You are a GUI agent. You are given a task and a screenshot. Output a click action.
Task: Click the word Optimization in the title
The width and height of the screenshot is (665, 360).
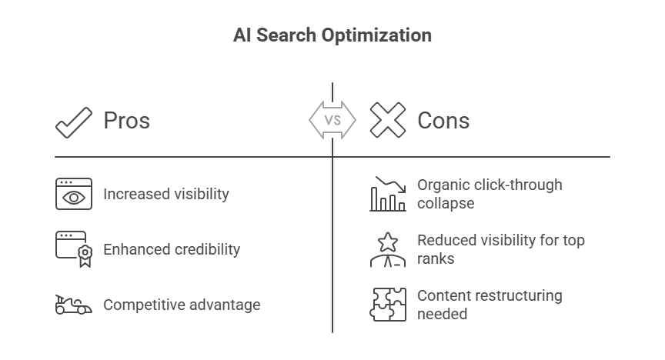pos(376,35)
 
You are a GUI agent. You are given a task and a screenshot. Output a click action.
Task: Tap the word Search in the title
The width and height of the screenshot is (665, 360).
pos(286,35)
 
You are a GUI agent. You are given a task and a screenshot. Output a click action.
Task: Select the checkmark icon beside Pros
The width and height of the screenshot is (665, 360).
pos(74,122)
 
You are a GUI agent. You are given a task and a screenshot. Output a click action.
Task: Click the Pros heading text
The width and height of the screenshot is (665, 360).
pos(127,121)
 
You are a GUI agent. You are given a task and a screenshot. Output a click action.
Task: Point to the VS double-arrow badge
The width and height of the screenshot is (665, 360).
pos(332,120)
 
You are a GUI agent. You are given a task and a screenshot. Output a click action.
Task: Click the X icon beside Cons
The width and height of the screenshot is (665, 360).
pos(388,120)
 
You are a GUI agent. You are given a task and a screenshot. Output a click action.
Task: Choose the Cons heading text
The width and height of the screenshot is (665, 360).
pos(443,121)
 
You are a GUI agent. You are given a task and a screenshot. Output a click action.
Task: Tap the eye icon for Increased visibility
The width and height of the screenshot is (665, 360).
pos(74,194)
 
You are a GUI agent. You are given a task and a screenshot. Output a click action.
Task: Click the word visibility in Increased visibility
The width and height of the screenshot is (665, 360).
pos(202,194)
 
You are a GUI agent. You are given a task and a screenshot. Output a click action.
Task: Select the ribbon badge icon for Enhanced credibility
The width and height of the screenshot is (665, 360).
pos(85,255)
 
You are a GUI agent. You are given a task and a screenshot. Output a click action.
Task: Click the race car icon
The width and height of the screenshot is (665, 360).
pos(73,305)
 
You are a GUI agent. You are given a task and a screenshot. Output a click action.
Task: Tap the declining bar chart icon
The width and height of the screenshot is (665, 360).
pos(388,194)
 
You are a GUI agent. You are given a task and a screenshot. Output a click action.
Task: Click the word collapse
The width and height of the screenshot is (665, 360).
pos(446,203)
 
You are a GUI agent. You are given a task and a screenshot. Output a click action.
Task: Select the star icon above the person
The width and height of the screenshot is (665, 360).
pos(388,242)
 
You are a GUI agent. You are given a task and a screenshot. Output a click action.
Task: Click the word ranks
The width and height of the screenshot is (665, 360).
pos(436,258)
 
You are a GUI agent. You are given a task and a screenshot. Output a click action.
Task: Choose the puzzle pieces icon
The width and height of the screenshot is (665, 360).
pos(388,305)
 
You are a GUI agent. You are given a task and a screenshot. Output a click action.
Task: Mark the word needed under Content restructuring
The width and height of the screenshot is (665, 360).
pos(442,314)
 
